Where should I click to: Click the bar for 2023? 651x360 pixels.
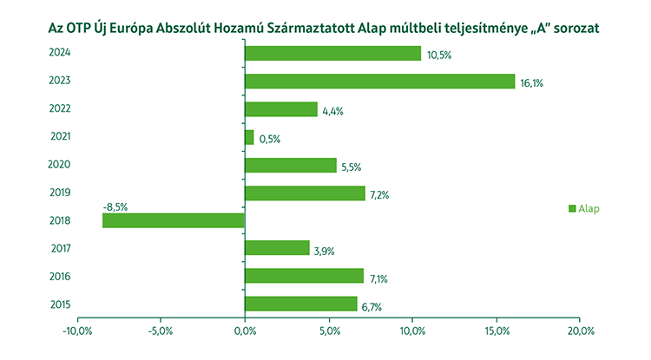[380, 82]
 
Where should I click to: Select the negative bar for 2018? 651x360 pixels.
[174, 220]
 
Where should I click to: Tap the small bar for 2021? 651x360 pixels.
[249, 137]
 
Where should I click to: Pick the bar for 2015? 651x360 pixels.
[300, 304]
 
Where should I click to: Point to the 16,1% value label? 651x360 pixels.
[531, 84]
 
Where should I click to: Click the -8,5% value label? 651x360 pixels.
[115, 208]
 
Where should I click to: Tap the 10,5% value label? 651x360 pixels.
[439, 56]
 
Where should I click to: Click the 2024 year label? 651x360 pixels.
[60, 54]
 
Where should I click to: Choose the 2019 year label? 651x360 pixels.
[60, 193]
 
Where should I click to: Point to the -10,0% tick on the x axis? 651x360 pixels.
[77, 331]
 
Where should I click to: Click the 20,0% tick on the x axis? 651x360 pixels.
[580, 331]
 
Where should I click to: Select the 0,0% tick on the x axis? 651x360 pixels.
[245, 331]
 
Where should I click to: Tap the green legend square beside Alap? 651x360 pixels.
[572, 208]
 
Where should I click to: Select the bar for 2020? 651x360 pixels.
[290, 165]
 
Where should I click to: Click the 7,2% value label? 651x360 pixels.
[379, 195]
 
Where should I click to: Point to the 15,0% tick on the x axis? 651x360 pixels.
[496, 331]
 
